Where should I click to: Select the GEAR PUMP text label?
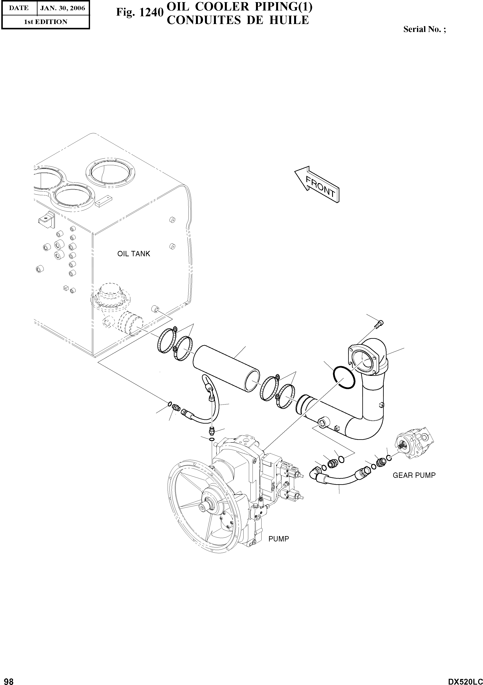click(414, 475)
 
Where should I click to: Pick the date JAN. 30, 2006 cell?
click(63, 8)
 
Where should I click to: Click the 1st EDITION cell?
click(45, 22)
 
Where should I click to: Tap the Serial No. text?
click(424, 29)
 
